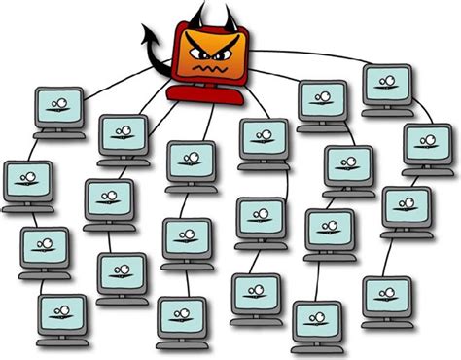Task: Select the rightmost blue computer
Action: coord(427,144)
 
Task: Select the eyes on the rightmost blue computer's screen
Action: coord(427,141)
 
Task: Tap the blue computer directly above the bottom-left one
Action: coord(44,247)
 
